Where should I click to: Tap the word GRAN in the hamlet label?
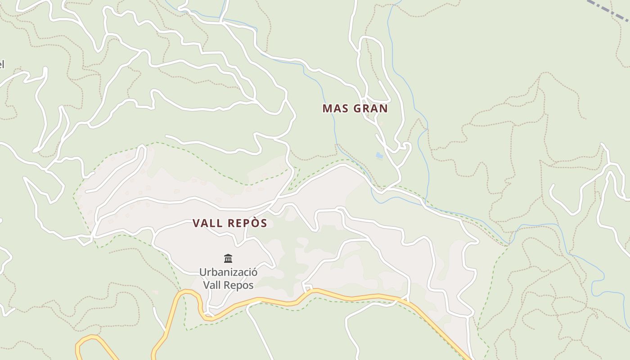click(x=371, y=108)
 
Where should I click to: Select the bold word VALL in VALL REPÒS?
click(x=208, y=223)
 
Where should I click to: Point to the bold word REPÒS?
click(x=247, y=223)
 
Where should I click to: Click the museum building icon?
click(x=228, y=258)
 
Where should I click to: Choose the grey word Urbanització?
click(x=228, y=272)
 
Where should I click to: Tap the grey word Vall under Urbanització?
click(x=213, y=285)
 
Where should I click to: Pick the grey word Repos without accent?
click(x=239, y=285)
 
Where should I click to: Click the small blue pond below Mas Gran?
click(x=379, y=156)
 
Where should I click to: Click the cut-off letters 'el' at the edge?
click(x=2, y=64)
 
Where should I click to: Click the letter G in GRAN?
click(x=358, y=108)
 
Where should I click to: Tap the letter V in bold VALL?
click(x=196, y=223)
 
